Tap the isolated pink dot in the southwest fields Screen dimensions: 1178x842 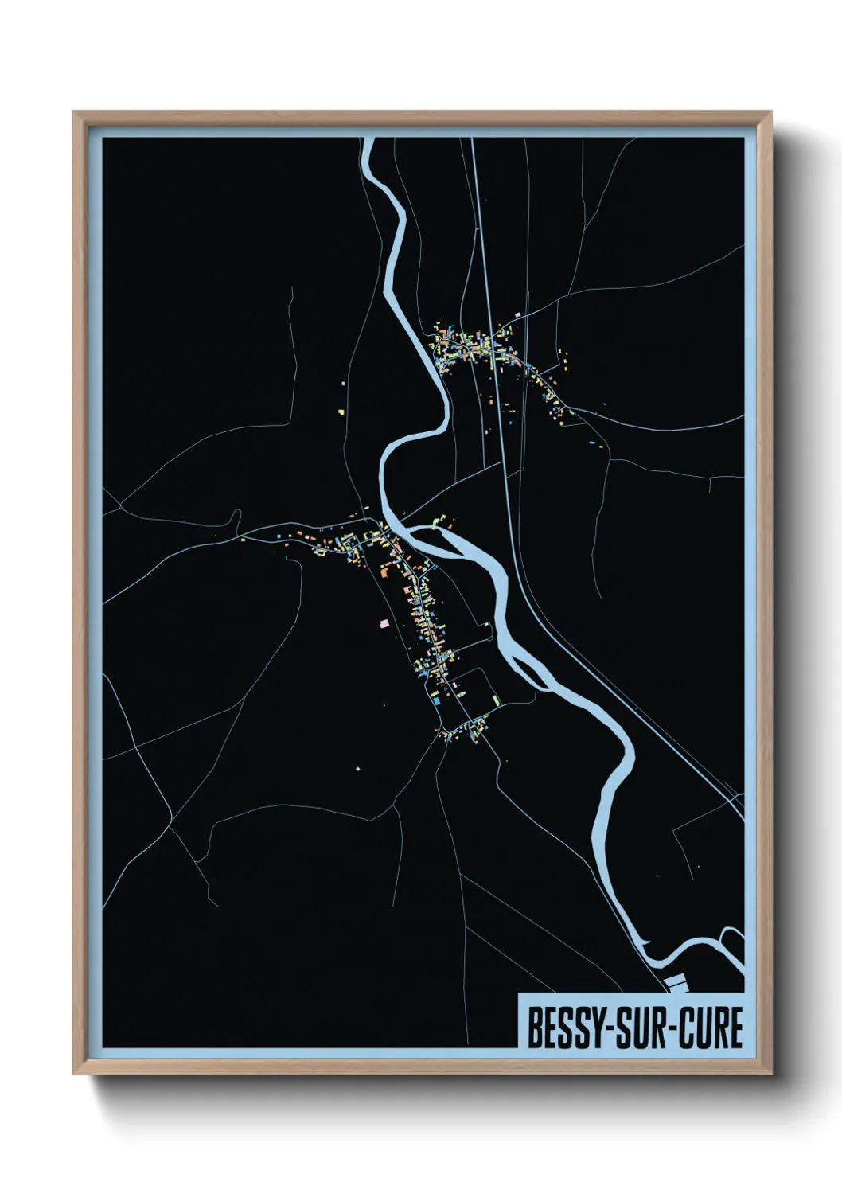357,768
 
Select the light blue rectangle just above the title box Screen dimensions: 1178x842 676,982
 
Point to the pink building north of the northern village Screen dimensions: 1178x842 518,315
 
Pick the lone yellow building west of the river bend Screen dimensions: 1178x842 341,412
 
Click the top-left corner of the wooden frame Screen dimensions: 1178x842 74,112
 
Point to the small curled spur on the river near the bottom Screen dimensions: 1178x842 646,944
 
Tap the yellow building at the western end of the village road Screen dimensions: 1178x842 243,540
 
